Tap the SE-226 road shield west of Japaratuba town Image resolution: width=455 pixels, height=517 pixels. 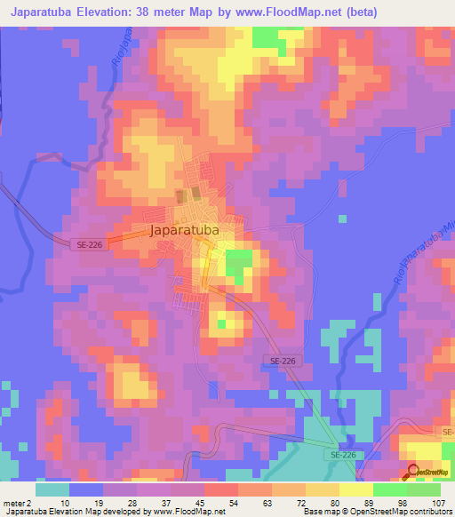(x=89, y=243)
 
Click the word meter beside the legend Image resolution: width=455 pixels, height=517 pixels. (x=14, y=502)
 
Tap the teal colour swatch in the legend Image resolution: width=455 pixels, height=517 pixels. (x=52, y=489)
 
